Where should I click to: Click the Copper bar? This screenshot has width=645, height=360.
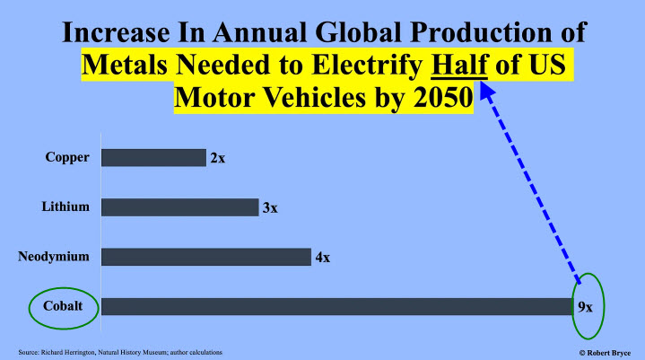tap(153, 158)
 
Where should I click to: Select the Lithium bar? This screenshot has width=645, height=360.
tap(179, 207)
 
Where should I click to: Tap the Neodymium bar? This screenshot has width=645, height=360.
tap(205, 257)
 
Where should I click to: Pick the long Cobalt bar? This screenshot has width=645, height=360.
tap(336, 306)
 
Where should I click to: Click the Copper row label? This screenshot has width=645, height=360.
tap(67, 158)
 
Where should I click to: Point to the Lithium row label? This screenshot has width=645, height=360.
tap(65, 207)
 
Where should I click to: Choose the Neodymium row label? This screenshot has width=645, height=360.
tap(54, 257)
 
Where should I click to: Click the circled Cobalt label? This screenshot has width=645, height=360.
tap(59, 306)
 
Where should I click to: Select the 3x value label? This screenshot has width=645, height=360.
tap(269, 208)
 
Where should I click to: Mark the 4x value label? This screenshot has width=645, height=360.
tap(321, 258)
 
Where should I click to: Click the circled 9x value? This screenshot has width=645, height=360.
tap(585, 306)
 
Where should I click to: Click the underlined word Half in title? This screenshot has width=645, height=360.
tap(458, 66)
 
